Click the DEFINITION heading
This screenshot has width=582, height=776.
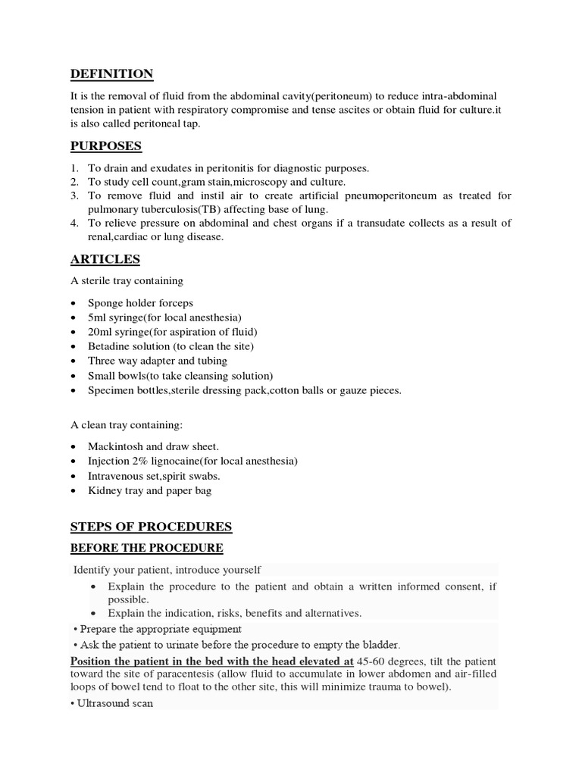click(x=111, y=74)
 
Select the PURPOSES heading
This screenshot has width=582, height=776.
click(x=106, y=145)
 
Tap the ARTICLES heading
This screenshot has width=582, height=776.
click(x=105, y=259)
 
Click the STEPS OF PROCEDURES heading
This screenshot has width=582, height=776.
click(x=151, y=527)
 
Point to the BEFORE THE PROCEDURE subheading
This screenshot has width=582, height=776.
click(x=147, y=548)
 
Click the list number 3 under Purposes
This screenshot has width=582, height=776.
click(x=74, y=196)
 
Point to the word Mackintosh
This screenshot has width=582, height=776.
click(x=117, y=447)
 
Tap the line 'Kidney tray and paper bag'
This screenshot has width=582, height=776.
click(x=149, y=490)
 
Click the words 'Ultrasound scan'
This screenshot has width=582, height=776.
click(x=113, y=703)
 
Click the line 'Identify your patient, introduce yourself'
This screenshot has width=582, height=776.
click(x=167, y=569)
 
